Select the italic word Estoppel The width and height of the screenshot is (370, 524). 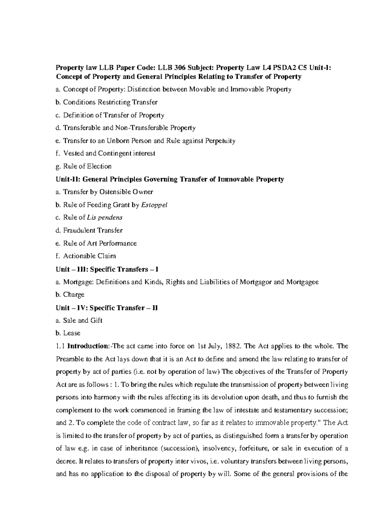(154, 205)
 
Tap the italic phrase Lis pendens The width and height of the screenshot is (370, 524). (105, 218)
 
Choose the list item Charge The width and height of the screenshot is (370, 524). (74, 295)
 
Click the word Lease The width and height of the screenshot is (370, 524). (72, 333)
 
